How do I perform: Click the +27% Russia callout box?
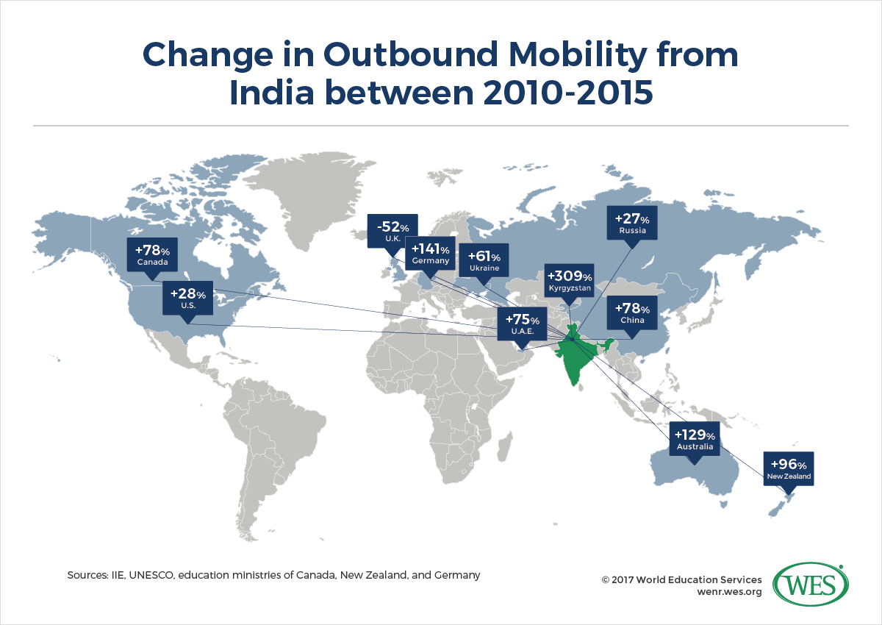click(632, 224)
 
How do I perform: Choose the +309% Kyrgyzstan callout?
click(568, 282)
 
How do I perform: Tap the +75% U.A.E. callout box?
click(523, 325)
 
